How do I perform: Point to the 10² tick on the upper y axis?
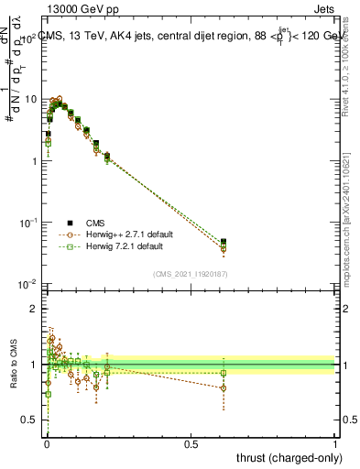(x=29, y=39)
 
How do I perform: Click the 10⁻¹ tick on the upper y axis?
(x=29, y=223)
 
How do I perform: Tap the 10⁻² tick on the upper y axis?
(x=29, y=284)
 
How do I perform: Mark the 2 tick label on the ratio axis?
(x=35, y=309)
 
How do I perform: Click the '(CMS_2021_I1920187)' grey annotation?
(x=190, y=272)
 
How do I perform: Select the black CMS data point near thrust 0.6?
(x=224, y=242)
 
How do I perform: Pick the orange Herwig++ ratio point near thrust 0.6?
(x=224, y=387)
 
